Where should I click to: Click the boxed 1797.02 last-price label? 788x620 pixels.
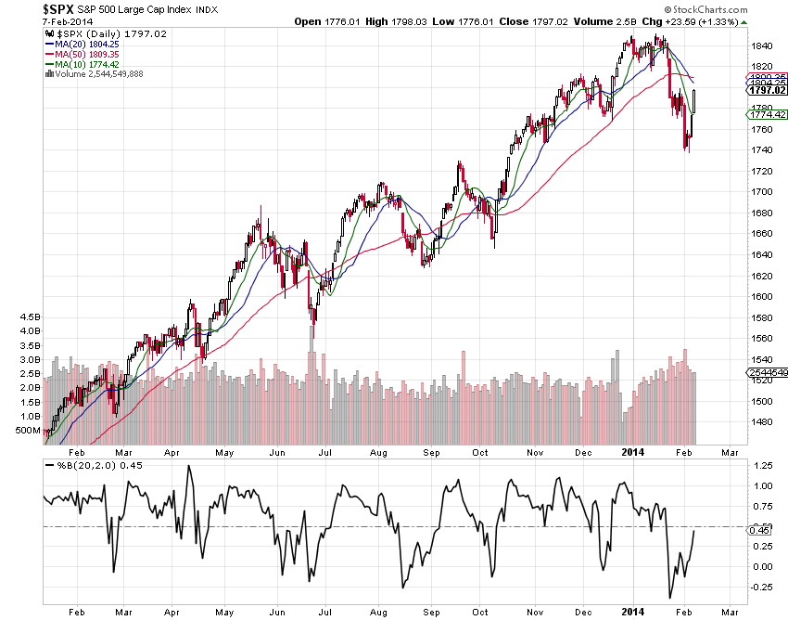point(768,90)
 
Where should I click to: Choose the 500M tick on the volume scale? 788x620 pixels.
point(29,432)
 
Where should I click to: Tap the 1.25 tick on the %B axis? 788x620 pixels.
point(762,465)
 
